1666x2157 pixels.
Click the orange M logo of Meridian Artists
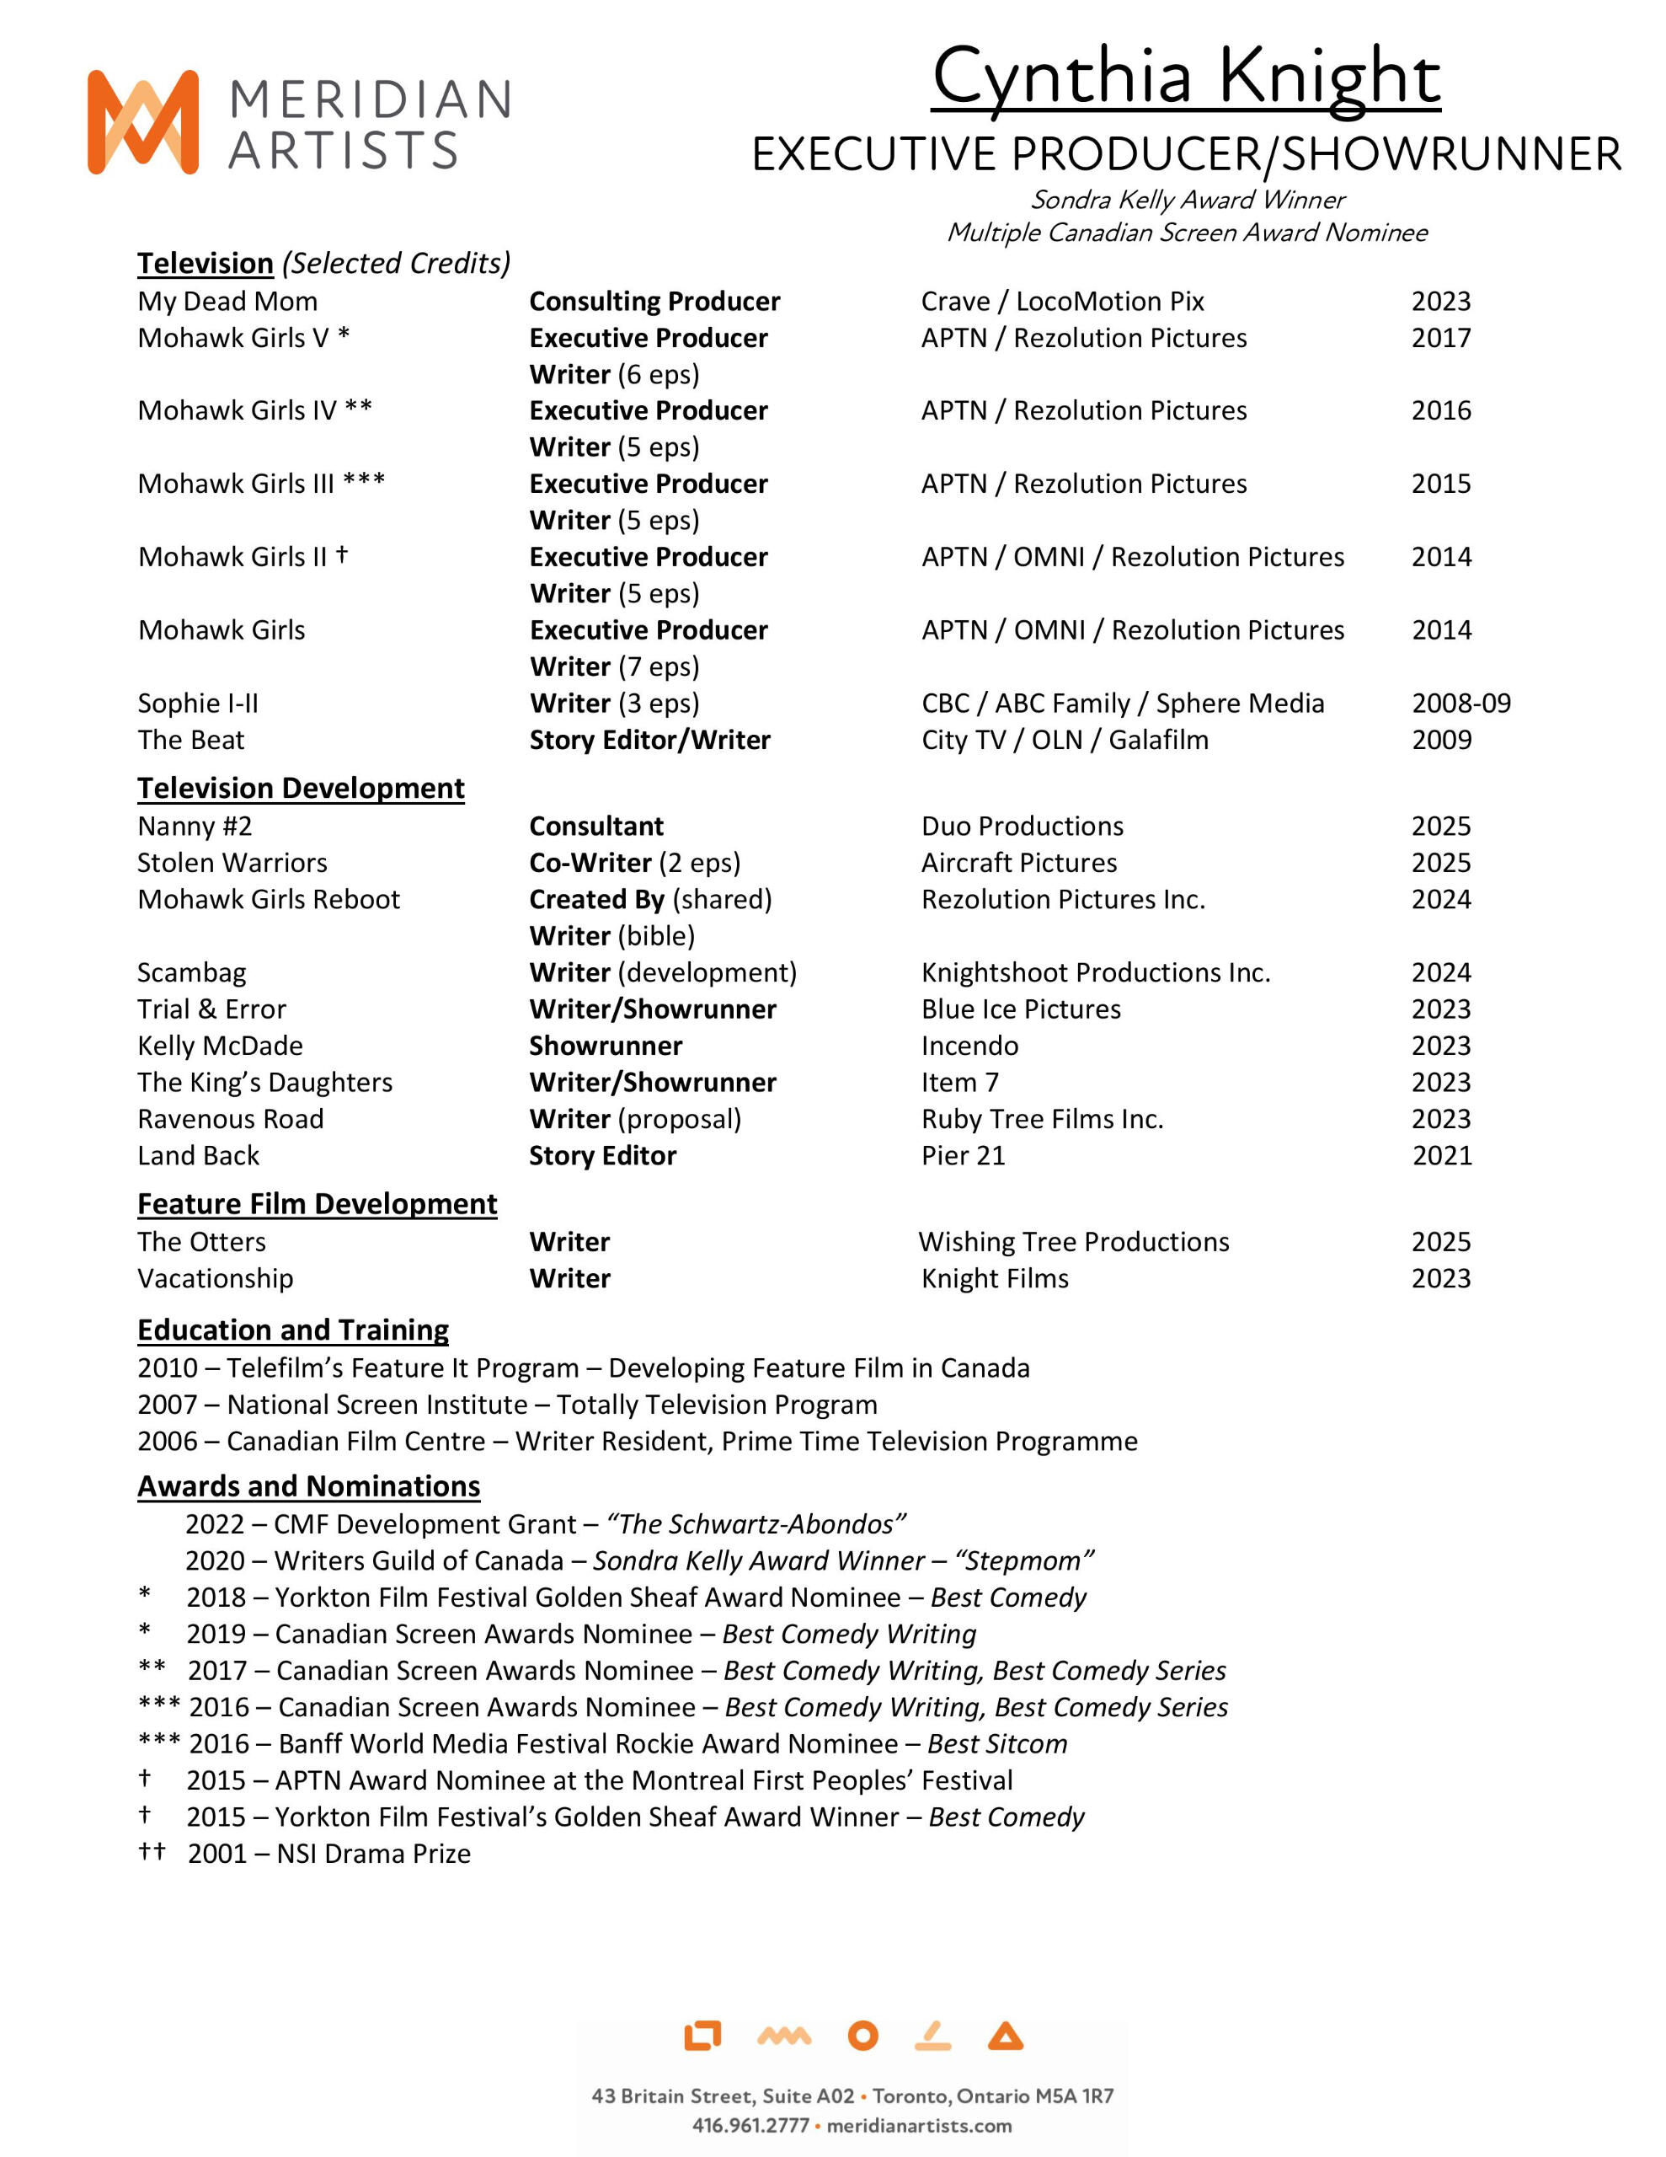(143, 122)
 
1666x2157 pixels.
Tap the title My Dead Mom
(227, 302)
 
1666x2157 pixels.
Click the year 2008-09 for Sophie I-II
(1460, 704)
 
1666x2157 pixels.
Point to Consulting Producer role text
(654, 302)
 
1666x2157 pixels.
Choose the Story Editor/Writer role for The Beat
(649, 740)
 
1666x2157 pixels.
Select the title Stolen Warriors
(232, 862)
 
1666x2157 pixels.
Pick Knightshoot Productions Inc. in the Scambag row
(1095, 973)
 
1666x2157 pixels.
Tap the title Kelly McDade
(220, 1046)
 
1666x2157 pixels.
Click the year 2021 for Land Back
(1441, 1155)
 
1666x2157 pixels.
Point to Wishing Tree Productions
(1074, 1241)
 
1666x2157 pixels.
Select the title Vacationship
(216, 1278)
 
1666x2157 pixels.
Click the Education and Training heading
(292, 1330)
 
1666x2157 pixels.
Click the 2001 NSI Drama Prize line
(328, 1854)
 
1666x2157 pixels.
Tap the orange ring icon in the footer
(862, 2036)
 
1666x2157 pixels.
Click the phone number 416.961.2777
(750, 2125)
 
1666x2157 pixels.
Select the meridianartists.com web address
(918, 2125)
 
